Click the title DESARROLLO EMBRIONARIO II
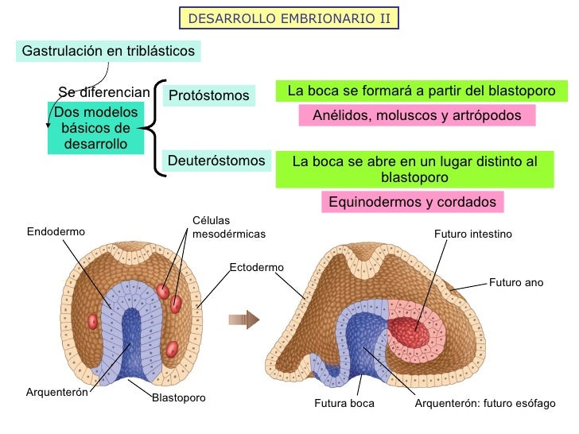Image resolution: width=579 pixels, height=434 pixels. pos(289,18)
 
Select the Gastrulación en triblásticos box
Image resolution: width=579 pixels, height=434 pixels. pos(108,51)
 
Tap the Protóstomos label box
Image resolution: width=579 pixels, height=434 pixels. pos(208,96)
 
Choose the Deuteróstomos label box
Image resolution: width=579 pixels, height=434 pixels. pos(216,161)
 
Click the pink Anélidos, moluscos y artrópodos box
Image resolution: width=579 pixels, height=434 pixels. pos(417,116)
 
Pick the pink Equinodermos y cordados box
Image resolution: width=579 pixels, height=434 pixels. pos(412,202)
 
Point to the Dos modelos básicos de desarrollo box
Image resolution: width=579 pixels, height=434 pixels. pos(95,127)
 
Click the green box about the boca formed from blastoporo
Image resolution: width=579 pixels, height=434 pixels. pos(421,91)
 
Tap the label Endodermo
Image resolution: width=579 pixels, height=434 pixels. pos(56,232)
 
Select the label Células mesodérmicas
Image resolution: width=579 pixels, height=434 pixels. pos(229,227)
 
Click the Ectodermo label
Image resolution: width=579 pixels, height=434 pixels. pos(256,268)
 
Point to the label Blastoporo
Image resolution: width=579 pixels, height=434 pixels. pos(178,397)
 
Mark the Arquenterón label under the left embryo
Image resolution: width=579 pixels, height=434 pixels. pos(56,392)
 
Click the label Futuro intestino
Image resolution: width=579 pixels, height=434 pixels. pos(472,234)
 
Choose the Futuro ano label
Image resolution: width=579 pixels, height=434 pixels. pos(515,282)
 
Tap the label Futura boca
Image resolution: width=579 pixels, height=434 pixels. pos(344,404)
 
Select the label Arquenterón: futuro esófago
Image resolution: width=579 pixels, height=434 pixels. pos(485,404)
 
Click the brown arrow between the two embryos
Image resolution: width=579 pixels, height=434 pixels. pos(244,320)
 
